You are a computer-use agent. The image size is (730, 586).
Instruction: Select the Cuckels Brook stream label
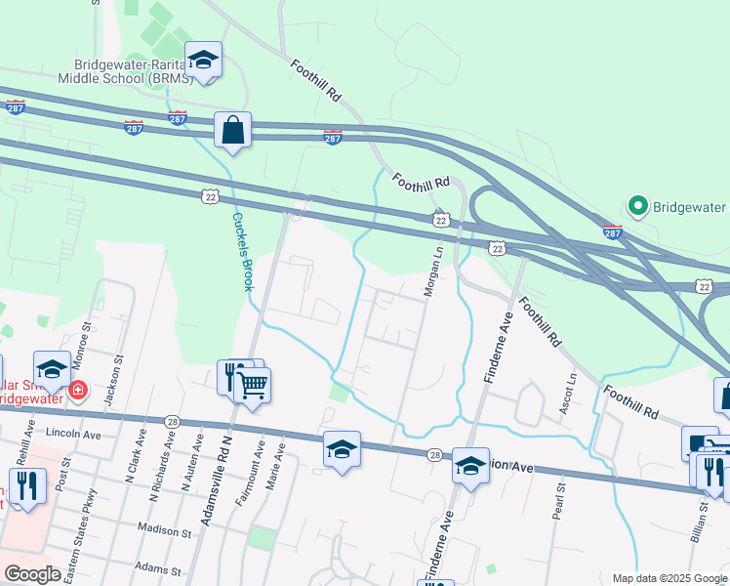(241, 251)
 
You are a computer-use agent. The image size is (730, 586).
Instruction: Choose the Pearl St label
(556, 499)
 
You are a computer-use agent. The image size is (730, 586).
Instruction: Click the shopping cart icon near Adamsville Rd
(252, 387)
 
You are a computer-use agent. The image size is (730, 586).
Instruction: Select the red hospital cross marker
(77, 392)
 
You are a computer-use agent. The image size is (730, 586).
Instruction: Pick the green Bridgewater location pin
(637, 206)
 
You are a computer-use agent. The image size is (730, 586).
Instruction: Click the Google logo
(32, 574)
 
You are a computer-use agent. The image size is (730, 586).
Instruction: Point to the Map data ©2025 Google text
(669, 578)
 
